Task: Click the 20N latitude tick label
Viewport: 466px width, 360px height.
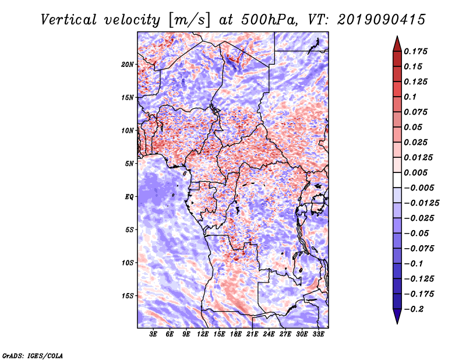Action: point(128,65)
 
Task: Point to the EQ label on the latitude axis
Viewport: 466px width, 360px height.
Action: point(129,197)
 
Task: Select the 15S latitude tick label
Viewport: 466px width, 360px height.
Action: point(128,296)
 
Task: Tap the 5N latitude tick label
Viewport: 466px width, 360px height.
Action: point(129,164)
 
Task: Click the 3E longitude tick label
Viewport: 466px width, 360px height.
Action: point(153,334)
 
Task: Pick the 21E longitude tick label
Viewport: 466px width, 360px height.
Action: point(252,334)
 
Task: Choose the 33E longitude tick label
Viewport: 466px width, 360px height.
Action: point(318,334)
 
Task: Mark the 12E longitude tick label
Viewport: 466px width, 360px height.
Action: point(202,334)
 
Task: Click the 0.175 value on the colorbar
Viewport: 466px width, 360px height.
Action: point(415,51)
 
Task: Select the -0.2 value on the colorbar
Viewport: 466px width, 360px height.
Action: point(414,309)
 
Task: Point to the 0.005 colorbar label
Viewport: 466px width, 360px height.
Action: point(415,172)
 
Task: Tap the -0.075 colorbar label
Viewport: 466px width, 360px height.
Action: point(419,249)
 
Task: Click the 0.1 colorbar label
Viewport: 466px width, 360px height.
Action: point(410,97)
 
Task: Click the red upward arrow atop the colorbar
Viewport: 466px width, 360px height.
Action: point(397,44)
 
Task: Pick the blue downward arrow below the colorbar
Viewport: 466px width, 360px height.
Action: point(397,316)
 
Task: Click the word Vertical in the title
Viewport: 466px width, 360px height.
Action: point(69,20)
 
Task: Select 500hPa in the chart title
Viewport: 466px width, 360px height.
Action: point(269,20)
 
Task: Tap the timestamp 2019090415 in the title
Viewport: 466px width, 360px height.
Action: point(382,20)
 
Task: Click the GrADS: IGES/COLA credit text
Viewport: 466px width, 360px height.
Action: point(33,355)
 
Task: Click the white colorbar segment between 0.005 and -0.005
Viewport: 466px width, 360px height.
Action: point(397,180)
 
